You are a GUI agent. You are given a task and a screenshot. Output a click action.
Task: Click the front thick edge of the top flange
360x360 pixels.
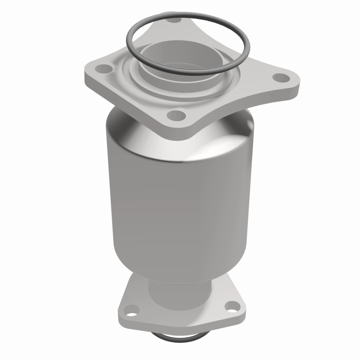pyautogui.click(x=135, y=108)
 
